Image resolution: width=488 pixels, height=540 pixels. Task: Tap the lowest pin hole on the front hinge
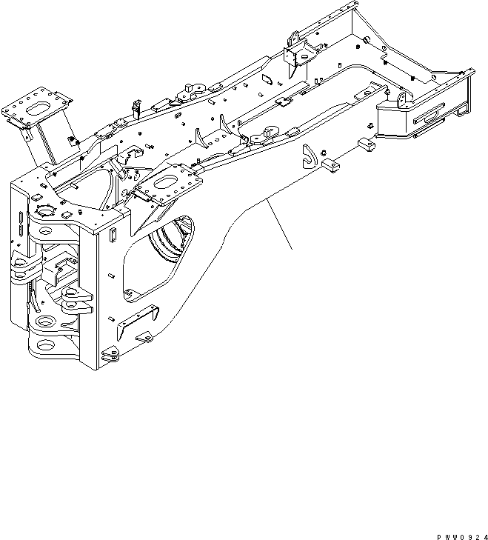46,346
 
